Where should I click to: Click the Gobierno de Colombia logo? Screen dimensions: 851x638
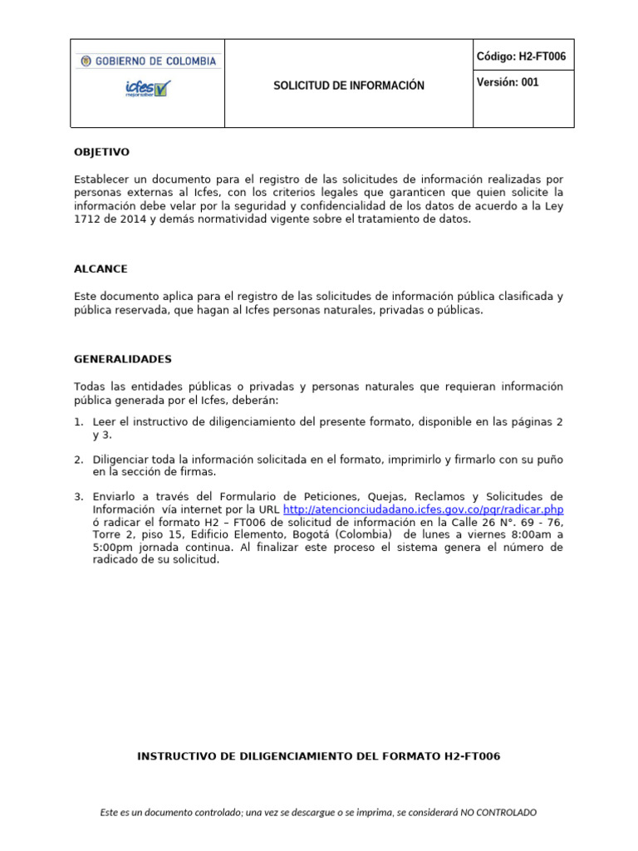(x=148, y=61)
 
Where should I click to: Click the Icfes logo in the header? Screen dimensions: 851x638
(x=148, y=88)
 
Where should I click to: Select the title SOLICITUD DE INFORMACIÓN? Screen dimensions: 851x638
(x=349, y=86)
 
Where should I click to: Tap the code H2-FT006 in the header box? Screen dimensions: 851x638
(x=521, y=57)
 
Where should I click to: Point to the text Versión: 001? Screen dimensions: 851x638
(x=508, y=83)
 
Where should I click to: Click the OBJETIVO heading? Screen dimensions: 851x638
(x=101, y=152)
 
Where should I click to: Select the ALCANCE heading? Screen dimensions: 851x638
(x=101, y=269)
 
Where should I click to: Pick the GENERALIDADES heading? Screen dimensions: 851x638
(x=123, y=359)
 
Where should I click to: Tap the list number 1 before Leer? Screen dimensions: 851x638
(x=78, y=422)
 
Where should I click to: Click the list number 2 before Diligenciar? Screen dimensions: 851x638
(x=78, y=460)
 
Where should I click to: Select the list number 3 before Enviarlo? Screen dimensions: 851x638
(x=78, y=497)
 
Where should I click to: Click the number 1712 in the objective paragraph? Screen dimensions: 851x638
(x=86, y=219)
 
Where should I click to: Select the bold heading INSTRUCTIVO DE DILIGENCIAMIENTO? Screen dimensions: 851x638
(x=318, y=756)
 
